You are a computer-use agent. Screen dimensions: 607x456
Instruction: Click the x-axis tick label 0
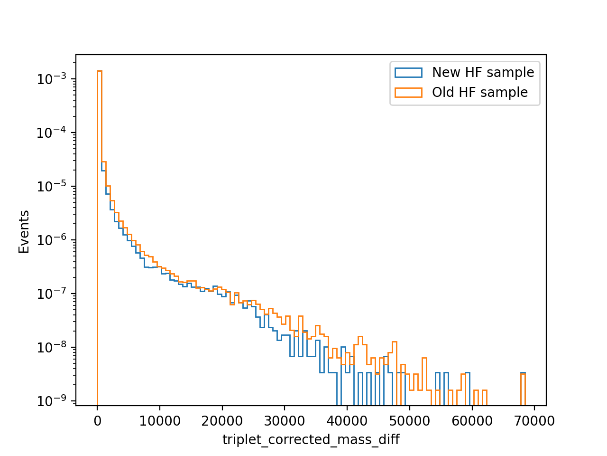[97, 421]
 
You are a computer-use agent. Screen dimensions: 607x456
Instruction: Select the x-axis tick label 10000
[159, 421]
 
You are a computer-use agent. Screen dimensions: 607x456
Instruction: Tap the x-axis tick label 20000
[222, 421]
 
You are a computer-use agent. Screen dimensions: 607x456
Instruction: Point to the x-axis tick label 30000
[285, 421]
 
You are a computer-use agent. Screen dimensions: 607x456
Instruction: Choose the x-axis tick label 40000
[347, 421]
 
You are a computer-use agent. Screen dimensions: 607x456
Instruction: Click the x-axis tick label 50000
[410, 421]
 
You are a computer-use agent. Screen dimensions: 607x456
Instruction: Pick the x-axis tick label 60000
[472, 421]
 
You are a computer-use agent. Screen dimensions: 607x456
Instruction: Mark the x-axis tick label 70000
[534, 421]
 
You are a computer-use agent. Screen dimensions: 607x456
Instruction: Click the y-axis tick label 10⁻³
[52, 79]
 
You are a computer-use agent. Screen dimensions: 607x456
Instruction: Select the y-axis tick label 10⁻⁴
[52, 133]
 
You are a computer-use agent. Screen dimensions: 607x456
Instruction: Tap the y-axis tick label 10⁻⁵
[52, 186]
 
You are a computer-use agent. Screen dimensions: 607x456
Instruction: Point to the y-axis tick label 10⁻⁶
[52, 240]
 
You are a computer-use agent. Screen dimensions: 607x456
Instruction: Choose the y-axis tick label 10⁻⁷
[52, 293]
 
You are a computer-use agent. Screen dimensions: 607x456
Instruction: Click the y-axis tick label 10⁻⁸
[52, 347]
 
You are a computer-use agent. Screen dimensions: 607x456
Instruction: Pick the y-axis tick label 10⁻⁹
[52, 400]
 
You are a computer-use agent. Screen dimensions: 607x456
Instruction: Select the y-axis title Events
[24, 232]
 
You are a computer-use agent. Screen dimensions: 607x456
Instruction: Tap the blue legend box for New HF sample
[408, 73]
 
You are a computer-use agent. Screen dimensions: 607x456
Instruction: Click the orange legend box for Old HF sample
[408, 93]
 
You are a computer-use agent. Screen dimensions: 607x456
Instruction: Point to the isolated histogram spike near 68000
[523, 389]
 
